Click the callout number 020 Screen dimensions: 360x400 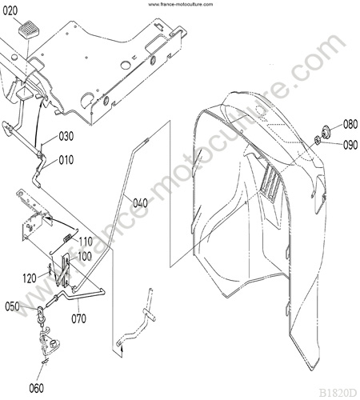[x=10, y=11]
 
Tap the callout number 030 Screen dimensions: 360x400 [x=66, y=136]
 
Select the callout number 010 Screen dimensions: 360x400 [x=66, y=160]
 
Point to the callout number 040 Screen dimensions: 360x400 [x=140, y=203]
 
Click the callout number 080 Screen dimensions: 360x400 [x=350, y=124]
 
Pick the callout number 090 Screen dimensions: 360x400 [x=350, y=145]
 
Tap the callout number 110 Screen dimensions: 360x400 [x=86, y=242]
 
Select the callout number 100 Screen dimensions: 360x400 [x=84, y=257]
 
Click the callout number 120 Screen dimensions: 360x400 [x=30, y=278]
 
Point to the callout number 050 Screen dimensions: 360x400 [x=13, y=306]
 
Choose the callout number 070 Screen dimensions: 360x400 [x=79, y=318]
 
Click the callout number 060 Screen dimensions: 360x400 [x=37, y=388]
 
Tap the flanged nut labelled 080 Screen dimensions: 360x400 [x=326, y=131]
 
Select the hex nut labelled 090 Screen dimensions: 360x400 [x=317, y=140]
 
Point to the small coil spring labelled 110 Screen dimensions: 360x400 [x=68, y=237]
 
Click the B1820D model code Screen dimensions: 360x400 [x=338, y=393]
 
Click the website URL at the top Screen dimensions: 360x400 [x=181, y=4]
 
